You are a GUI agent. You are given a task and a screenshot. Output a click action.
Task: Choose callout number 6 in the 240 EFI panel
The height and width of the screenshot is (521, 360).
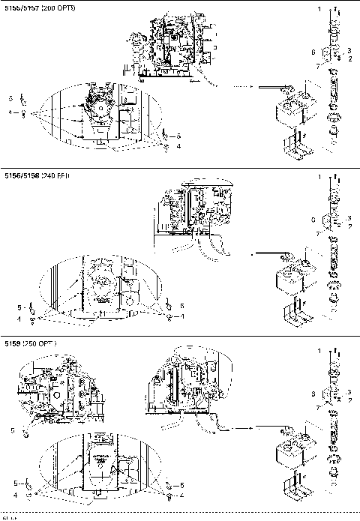click(313, 220)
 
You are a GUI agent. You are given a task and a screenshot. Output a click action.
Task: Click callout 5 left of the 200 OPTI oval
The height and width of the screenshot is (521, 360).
click(11, 99)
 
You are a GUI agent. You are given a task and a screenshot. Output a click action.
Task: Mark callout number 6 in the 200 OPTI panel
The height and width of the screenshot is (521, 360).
click(313, 52)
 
